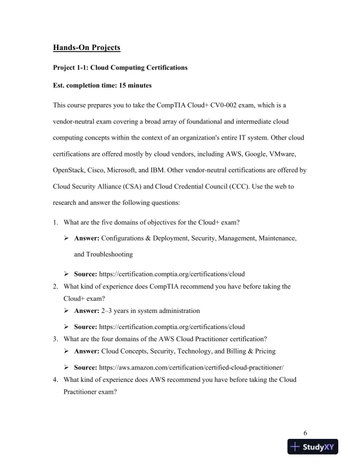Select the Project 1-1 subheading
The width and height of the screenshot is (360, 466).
tap(120, 68)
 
